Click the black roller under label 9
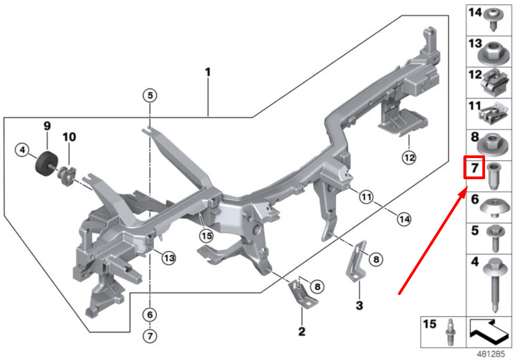[47, 164]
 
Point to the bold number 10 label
[69, 137]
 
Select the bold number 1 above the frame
[208, 72]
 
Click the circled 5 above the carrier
[150, 96]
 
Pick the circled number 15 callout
[206, 235]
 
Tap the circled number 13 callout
[169, 258]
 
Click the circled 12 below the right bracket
[409, 158]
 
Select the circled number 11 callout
[367, 197]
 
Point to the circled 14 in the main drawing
[404, 219]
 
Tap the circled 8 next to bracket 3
[376, 259]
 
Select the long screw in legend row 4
[495, 285]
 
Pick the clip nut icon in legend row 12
[493, 83]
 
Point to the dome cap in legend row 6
[494, 208]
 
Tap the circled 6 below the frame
[150, 315]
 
